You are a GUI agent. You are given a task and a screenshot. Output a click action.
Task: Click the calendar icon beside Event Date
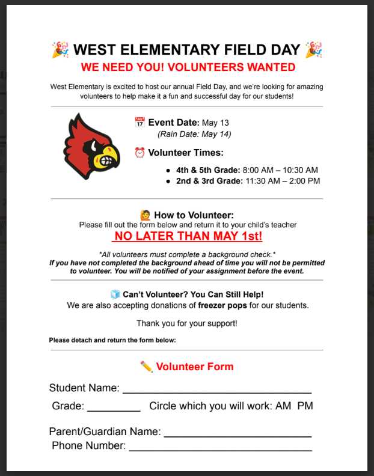point(139,123)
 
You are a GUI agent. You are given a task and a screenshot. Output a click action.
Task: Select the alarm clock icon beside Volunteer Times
point(139,153)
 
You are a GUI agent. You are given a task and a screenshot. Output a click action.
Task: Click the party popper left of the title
point(60,49)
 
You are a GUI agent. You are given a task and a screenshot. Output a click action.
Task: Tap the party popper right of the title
point(314,49)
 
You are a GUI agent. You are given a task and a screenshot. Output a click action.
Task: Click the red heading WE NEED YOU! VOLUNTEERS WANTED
point(188,67)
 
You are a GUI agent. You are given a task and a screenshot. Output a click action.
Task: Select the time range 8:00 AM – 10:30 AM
point(281,170)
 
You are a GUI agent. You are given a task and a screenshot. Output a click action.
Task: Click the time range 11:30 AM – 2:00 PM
point(283,181)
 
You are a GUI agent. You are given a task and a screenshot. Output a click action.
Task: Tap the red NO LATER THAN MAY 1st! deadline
point(188,236)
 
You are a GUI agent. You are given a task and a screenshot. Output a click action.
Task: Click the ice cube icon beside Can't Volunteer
point(115,294)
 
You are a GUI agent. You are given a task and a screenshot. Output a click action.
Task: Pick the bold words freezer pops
point(224,305)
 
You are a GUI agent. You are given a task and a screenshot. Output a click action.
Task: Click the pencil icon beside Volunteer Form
point(146,366)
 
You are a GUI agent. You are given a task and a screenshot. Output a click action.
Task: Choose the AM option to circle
point(283,406)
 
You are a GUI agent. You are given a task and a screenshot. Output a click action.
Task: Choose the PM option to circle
point(305,406)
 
